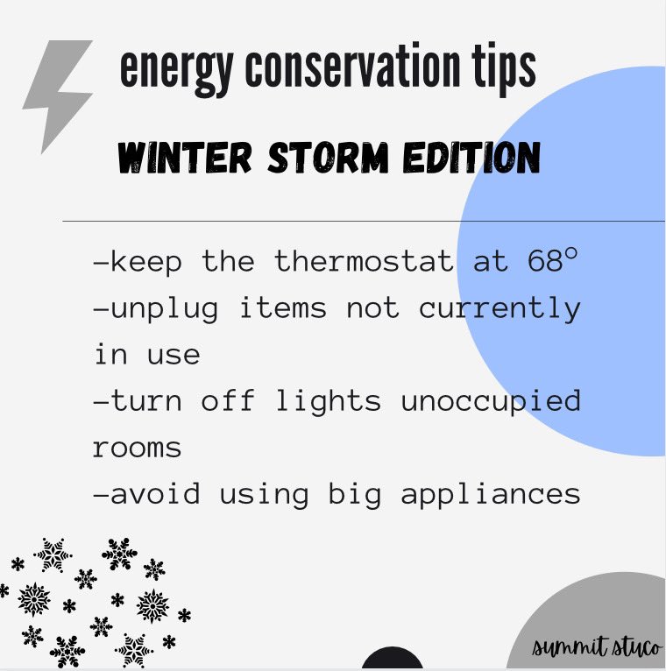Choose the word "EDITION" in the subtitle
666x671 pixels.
point(466,158)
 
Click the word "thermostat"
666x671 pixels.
point(365,261)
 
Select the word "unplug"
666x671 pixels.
point(166,307)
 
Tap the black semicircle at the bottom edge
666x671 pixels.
point(392,660)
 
